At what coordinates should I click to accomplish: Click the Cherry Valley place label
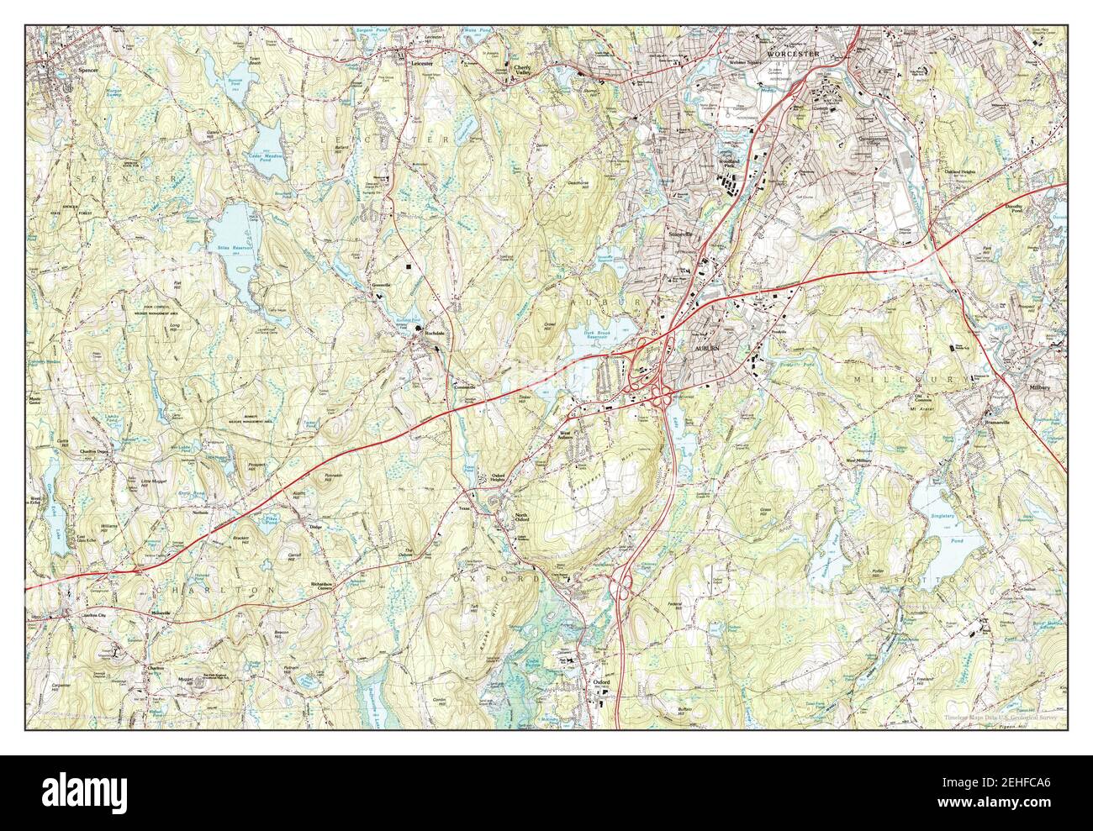522,74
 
